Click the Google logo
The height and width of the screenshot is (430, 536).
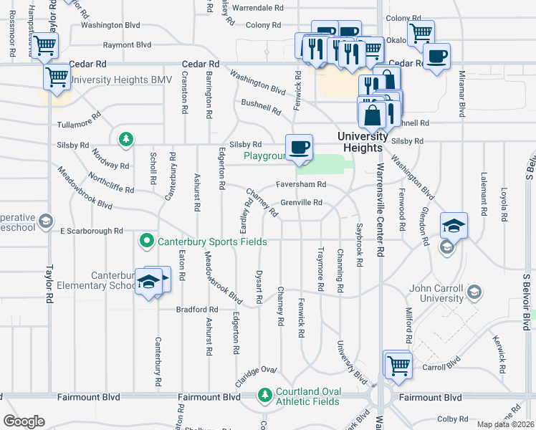pyautogui.click(x=24, y=421)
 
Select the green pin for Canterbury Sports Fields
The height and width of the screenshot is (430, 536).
pyautogui.click(x=147, y=241)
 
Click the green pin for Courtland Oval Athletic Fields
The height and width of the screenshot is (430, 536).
pyautogui.click(x=265, y=395)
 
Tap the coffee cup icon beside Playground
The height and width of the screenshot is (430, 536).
pyautogui.click(x=299, y=146)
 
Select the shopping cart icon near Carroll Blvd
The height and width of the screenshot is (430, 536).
pyautogui.click(x=397, y=364)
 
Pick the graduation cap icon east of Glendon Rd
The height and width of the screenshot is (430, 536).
pyautogui.click(x=454, y=226)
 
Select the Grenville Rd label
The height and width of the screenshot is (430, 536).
pyautogui.click(x=301, y=203)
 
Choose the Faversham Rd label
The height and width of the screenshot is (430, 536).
pyautogui.click(x=301, y=184)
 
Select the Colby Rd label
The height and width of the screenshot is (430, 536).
pyautogui.click(x=452, y=419)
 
